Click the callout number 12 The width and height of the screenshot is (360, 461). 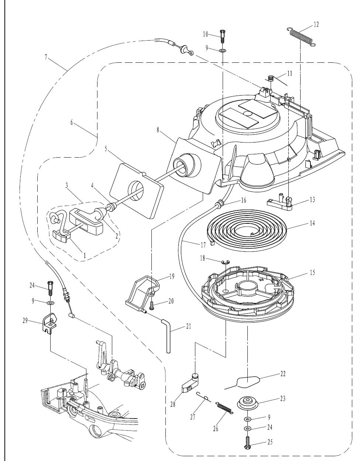(316, 25)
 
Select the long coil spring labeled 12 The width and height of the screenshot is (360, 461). (301, 36)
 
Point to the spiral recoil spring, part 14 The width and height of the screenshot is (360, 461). (247, 230)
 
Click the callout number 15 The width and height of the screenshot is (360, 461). (312, 272)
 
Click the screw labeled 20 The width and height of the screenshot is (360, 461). (151, 306)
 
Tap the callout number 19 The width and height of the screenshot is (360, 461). (172, 276)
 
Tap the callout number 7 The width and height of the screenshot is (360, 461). (46, 57)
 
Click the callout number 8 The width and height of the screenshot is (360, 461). (158, 130)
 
